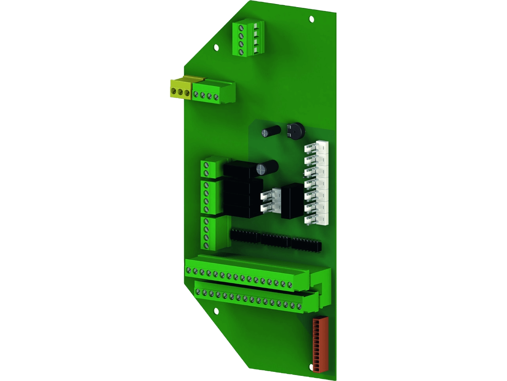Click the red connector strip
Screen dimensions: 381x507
(x=318, y=344)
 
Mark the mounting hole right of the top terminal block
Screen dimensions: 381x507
(x=311, y=19)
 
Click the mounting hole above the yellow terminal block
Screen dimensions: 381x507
(x=216, y=47)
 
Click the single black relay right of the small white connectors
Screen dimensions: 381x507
(x=292, y=202)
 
